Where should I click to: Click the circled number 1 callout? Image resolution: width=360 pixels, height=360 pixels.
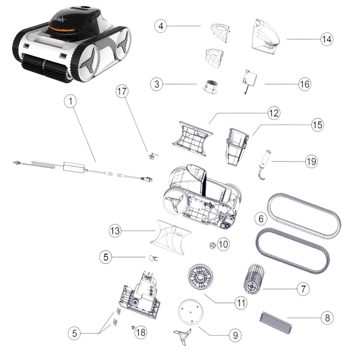click(70, 102)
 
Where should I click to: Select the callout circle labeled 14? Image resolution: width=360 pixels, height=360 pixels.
click(327, 39)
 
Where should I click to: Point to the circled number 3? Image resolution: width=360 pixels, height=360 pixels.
click(156, 85)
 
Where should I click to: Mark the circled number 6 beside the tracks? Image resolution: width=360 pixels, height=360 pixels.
click(260, 219)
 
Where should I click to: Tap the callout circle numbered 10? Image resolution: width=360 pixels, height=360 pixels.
click(224, 244)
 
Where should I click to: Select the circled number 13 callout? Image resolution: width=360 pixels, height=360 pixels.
click(116, 231)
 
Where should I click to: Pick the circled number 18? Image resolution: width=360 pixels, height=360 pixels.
click(141, 333)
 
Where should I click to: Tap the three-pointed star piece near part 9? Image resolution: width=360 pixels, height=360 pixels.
click(183, 335)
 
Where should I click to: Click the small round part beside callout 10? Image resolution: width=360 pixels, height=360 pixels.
click(211, 244)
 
